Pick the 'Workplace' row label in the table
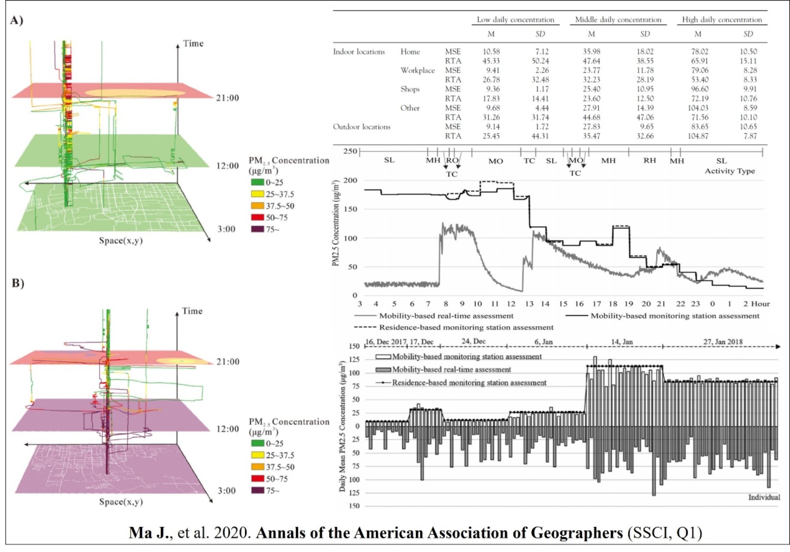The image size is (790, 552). pyautogui.click(x=417, y=70)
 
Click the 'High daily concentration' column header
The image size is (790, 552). pyautogui.click(x=722, y=20)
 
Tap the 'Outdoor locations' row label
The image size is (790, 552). pyautogui.click(x=361, y=127)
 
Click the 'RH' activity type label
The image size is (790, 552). pyautogui.click(x=649, y=161)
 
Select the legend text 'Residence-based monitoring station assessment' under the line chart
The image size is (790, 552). pyautogui.click(x=466, y=327)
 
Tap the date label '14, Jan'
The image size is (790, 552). pyautogui.click(x=621, y=342)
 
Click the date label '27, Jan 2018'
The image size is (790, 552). pyautogui.click(x=723, y=342)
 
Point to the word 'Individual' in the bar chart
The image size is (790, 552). pyautogui.click(x=764, y=497)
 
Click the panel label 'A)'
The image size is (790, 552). pyautogui.click(x=17, y=21)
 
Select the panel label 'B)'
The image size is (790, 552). pyautogui.click(x=18, y=283)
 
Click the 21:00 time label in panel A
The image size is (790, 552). pyautogui.click(x=227, y=98)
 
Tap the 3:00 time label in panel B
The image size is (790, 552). pyautogui.click(x=227, y=491)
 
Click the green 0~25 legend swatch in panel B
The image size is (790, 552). pyautogui.click(x=257, y=444)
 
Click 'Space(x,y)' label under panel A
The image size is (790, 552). pyautogui.click(x=120, y=240)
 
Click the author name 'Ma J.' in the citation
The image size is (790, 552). pyautogui.click(x=148, y=533)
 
